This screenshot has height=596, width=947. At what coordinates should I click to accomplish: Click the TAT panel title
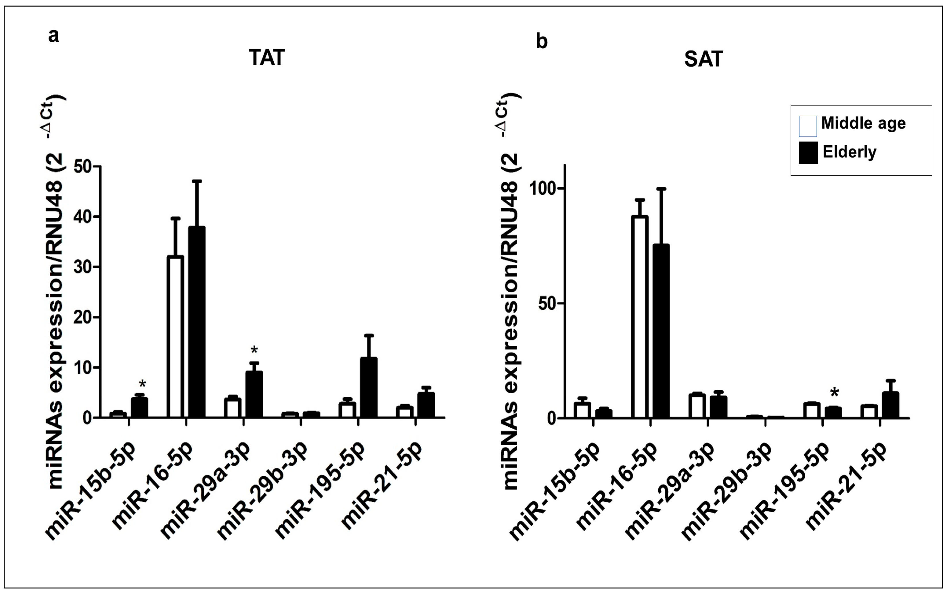tap(266, 58)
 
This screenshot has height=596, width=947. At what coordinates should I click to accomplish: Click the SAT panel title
tap(703, 60)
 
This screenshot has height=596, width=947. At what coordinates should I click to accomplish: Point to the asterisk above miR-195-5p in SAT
tap(835, 393)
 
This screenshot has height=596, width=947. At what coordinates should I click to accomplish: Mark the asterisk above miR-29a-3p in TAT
tap(254, 350)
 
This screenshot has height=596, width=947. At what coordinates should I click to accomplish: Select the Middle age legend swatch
tap(808, 126)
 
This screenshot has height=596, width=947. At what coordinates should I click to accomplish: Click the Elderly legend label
tap(850, 152)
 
